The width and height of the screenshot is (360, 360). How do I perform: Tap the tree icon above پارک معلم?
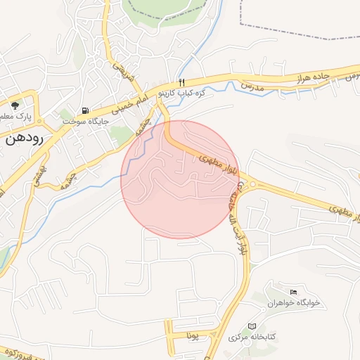click(15, 104)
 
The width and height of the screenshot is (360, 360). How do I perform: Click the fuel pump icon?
click(85, 110)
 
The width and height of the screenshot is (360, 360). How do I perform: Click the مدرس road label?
click(251, 85)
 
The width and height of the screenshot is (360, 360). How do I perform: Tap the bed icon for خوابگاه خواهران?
click(294, 292)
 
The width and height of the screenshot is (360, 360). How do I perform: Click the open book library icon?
click(252, 327)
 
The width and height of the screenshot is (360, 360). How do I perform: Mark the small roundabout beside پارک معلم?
click(32, 115)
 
